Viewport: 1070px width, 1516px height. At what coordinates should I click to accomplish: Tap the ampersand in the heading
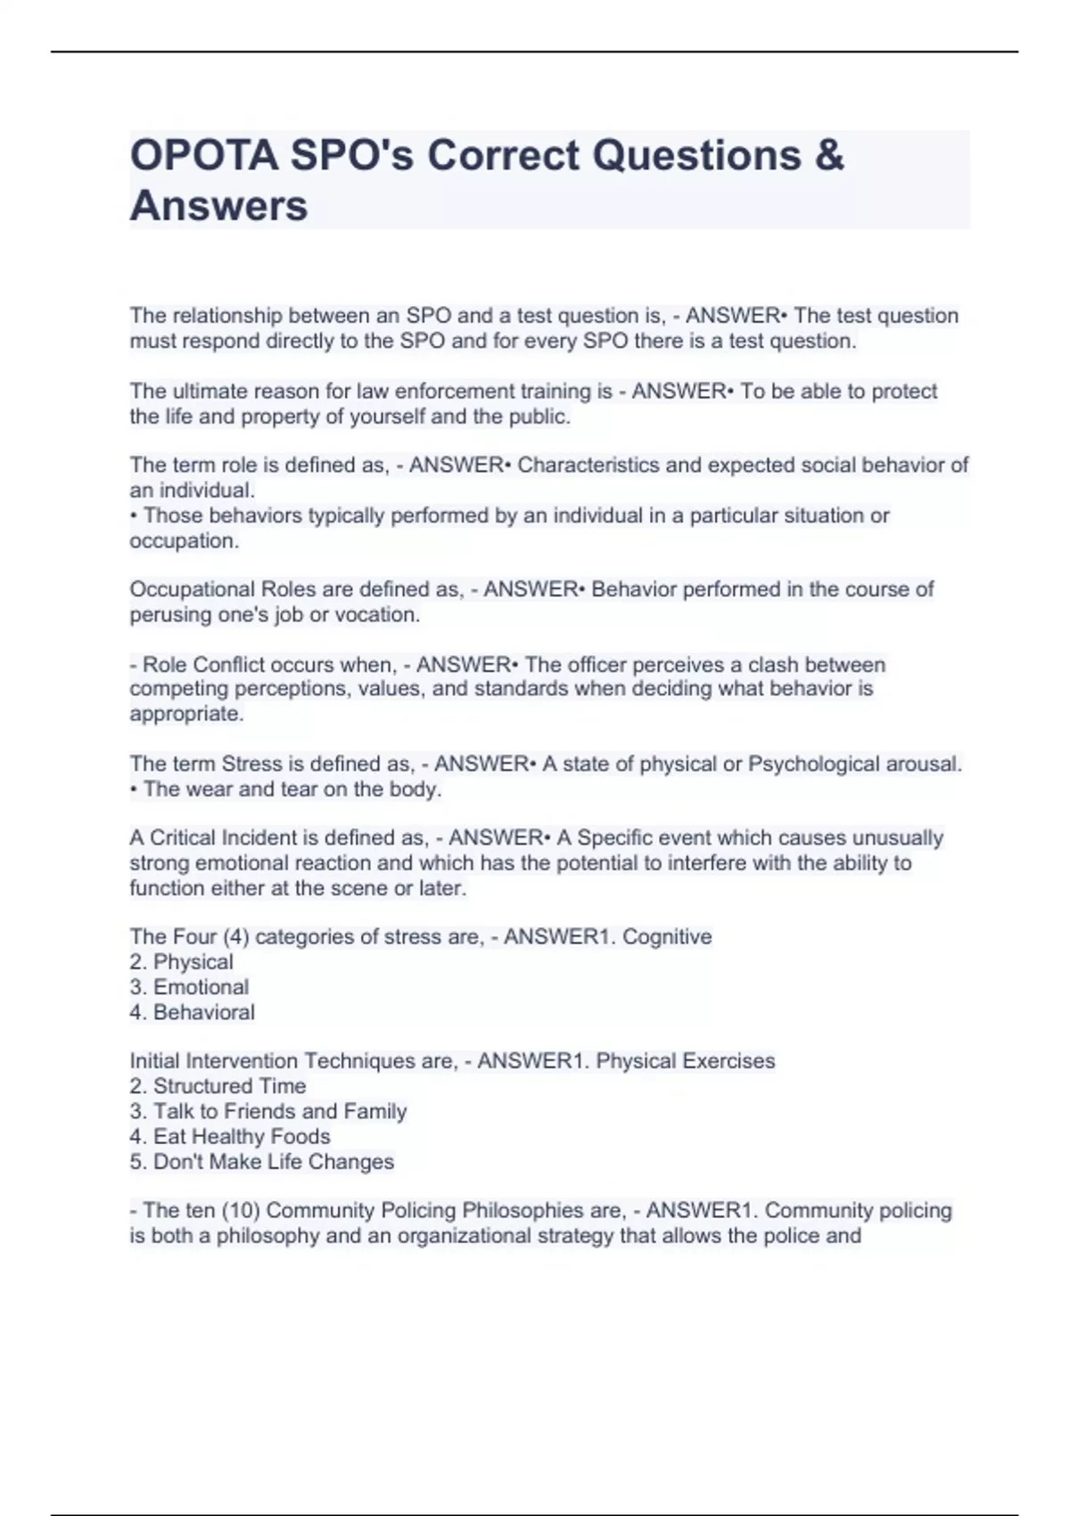(828, 156)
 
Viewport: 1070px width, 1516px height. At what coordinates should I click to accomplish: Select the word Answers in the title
(218, 206)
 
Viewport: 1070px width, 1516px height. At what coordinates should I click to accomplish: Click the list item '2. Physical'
(181, 962)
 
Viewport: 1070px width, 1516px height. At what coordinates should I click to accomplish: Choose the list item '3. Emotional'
(189, 987)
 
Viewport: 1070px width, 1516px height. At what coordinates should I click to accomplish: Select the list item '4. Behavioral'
(192, 1012)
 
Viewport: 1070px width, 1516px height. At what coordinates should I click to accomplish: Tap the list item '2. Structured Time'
(218, 1086)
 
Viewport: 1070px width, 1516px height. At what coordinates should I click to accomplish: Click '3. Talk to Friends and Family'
(267, 1111)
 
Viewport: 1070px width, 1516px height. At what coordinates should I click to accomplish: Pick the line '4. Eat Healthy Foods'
(229, 1136)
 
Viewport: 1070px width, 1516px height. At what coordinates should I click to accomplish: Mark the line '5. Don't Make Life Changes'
(261, 1162)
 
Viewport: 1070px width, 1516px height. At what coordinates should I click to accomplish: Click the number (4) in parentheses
(235, 937)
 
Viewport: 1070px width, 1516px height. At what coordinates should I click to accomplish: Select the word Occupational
(192, 589)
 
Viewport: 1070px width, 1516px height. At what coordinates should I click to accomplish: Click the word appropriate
(185, 714)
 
